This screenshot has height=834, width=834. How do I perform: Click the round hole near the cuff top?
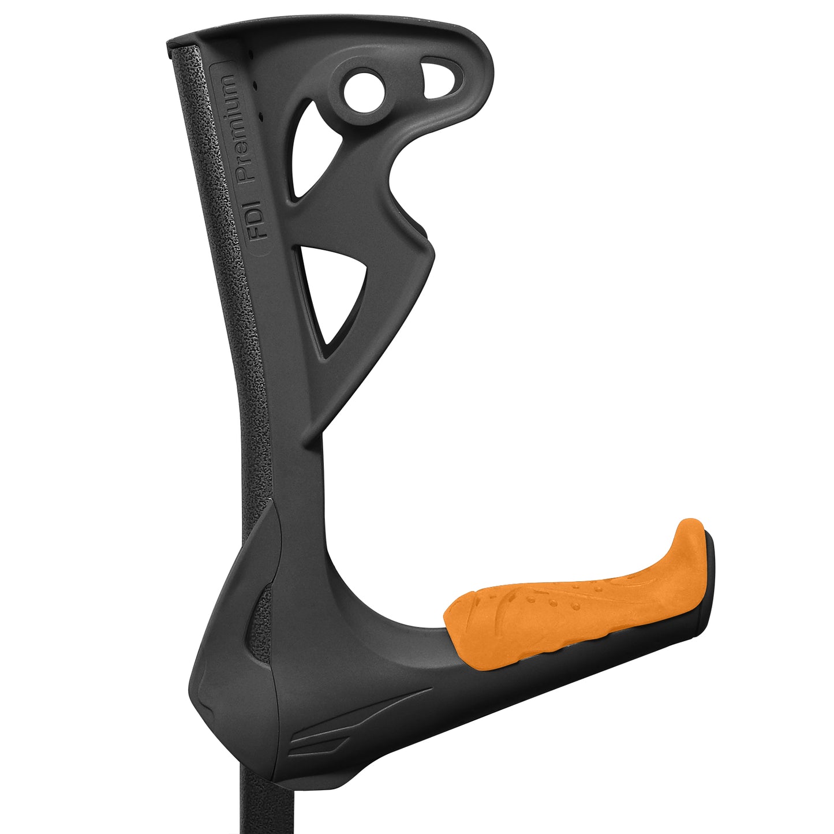(x=363, y=91)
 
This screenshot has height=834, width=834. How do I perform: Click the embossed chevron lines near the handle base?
(x=323, y=733)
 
